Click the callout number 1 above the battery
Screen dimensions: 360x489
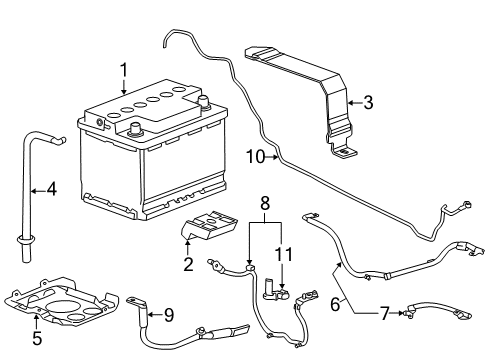click(x=124, y=69)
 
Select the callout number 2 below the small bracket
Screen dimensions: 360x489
click(x=187, y=264)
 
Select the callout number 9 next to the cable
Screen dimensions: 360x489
click(x=169, y=315)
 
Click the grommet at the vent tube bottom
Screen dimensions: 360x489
click(x=20, y=239)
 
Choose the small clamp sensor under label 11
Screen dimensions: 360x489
click(x=275, y=291)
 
